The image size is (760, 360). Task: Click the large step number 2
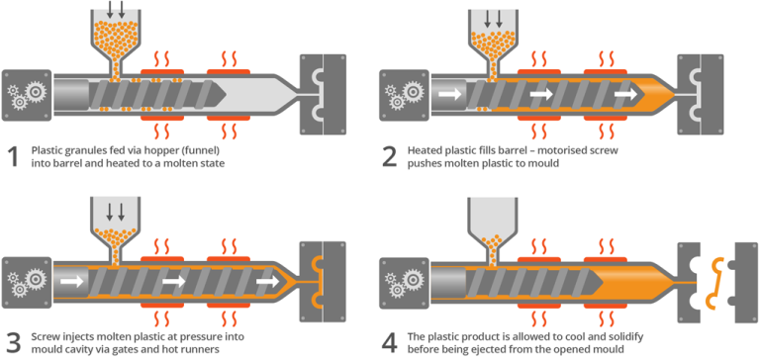click(390, 155)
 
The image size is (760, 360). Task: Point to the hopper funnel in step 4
click(492, 224)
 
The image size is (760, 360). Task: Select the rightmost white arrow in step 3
click(267, 282)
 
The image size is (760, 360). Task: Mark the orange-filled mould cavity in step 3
click(317, 280)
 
